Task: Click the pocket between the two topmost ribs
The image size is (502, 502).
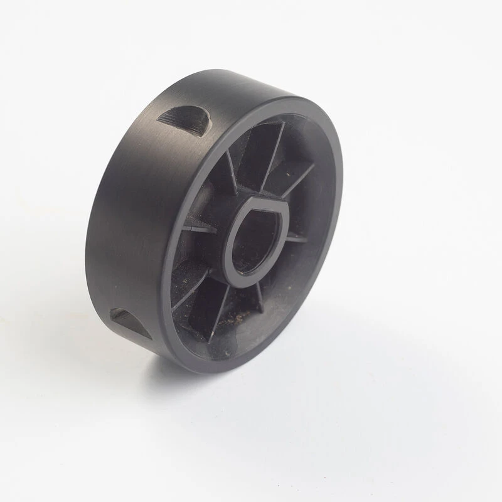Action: tap(254, 157)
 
